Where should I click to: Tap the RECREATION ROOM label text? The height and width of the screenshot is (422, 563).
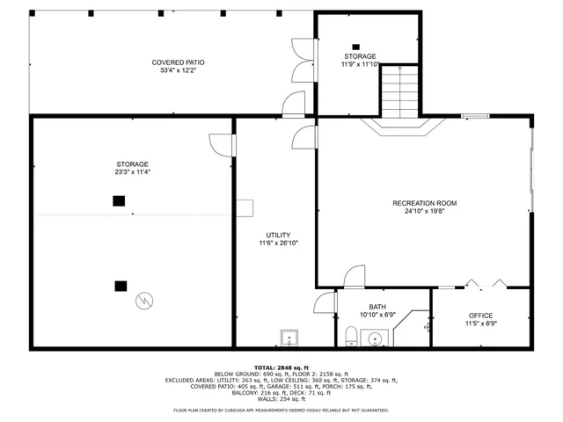424,203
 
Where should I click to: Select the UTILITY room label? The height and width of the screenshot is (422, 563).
278,235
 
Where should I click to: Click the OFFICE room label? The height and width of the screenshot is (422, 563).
480,316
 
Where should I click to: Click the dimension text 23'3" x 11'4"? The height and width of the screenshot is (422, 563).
132,172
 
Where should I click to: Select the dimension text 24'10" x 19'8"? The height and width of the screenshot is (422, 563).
424,211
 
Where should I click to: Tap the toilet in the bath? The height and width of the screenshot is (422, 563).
351,336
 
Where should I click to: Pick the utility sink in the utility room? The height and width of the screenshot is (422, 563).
289,338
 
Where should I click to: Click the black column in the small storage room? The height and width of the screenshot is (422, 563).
355,47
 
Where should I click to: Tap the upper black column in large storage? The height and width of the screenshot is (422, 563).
118,200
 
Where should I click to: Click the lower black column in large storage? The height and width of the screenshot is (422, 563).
120,285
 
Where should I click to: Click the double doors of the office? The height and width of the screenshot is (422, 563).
486,284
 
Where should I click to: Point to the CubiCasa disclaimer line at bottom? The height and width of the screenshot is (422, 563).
281,410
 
